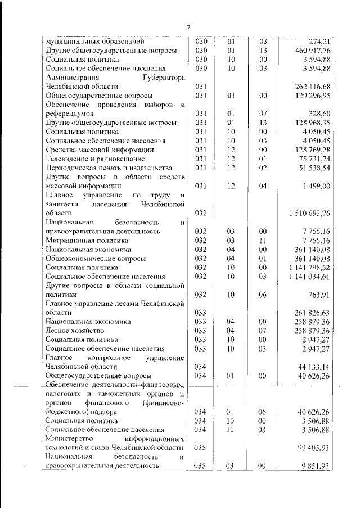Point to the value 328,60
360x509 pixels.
tap(318, 114)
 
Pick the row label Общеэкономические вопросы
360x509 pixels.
tap(96, 258)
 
